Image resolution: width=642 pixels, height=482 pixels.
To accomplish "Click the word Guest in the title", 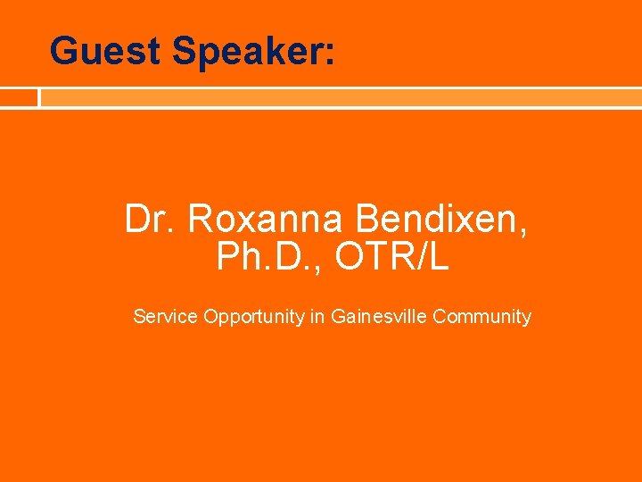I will pyautogui.click(x=105, y=51).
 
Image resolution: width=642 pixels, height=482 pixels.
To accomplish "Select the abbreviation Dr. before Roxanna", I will pyautogui.click(x=151, y=219).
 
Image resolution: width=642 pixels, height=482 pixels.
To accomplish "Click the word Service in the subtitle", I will pyautogui.click(x=165, y=316).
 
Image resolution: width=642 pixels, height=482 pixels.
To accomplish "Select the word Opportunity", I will pyautogui.click(x=253, y=317).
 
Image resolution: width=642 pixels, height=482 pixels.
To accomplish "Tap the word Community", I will pyautogui.click(x=481, y=317).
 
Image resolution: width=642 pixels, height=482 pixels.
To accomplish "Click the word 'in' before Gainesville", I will pyautogui.click(x=317, y=316).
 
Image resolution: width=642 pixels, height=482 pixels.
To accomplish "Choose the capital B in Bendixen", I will pyautogui.click(x=367, y=219).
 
